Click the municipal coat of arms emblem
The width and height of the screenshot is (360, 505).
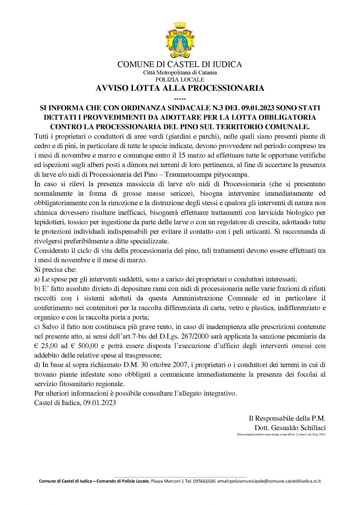point(180,40)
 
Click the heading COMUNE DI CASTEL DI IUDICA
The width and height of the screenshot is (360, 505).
point(180,64)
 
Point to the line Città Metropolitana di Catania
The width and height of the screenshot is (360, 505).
point(180,73)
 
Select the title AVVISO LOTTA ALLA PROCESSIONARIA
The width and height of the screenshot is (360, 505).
point(180,88)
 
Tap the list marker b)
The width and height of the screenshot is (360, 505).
point(37,289)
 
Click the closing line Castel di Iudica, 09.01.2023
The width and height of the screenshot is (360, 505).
point(75,403)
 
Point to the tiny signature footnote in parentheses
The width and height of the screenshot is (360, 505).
point(281,435)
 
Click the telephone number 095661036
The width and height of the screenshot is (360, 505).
point(204,481)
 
